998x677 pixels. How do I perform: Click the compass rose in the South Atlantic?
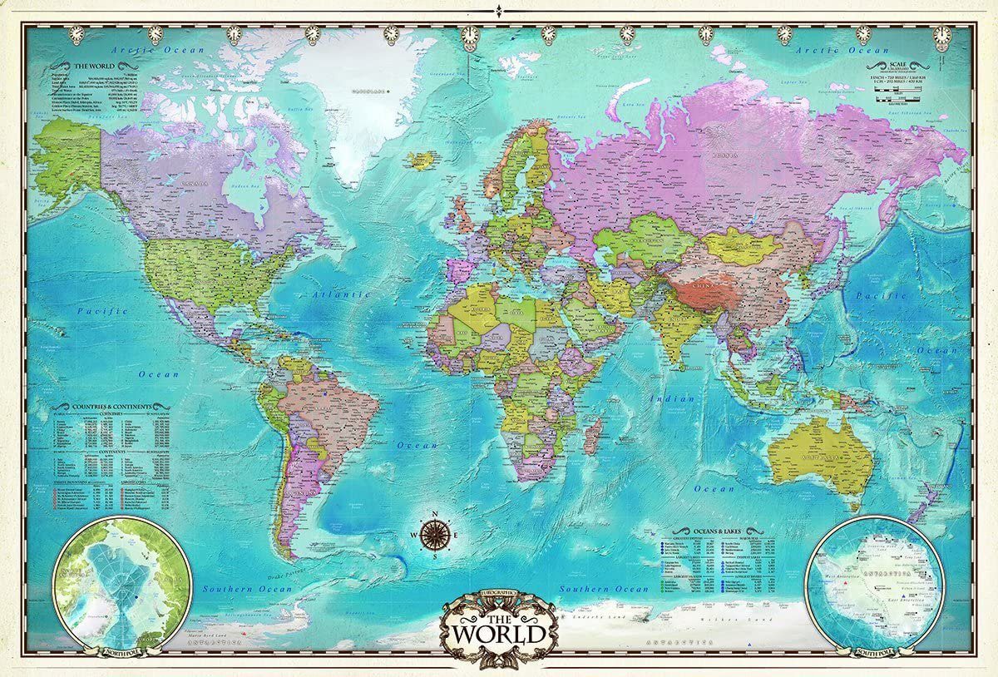pyautogui.click(x=435, y=533)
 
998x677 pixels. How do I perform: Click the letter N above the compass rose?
pyautogui.click(x=435, y=511)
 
